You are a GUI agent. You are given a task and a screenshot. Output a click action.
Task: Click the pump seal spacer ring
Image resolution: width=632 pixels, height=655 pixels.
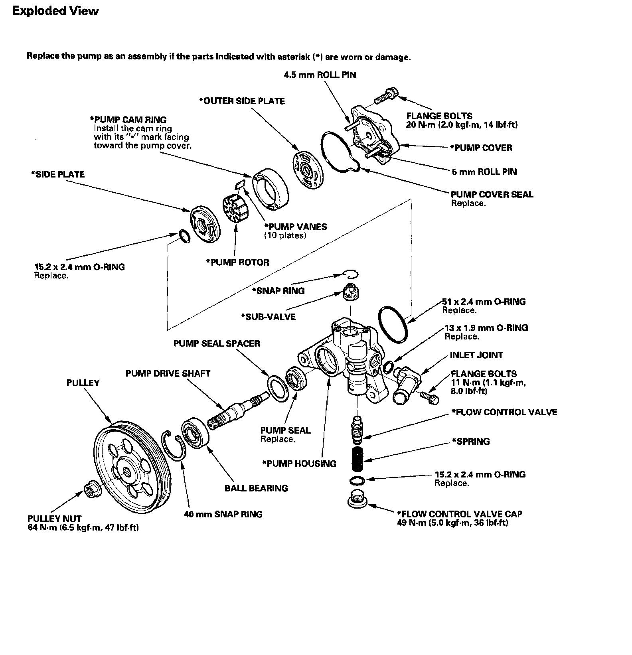(277, 386)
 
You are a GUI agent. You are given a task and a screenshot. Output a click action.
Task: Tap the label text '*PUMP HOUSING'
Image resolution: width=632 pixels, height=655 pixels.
(299, 464)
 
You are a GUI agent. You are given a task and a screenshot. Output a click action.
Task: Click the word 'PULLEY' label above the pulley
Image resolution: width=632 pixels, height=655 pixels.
(83, 383)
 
